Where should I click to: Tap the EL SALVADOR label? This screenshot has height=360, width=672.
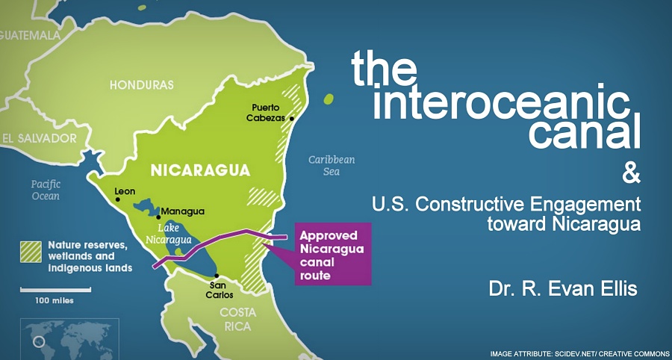[40, 138]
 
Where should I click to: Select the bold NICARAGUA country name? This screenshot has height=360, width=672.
[200, 170]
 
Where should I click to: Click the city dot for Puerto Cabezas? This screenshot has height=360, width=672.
[292, 118]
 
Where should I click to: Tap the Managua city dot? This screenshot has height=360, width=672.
[158, 217]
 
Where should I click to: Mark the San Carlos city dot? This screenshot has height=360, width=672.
[217, 276]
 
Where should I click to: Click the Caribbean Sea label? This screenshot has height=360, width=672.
[332, 165]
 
